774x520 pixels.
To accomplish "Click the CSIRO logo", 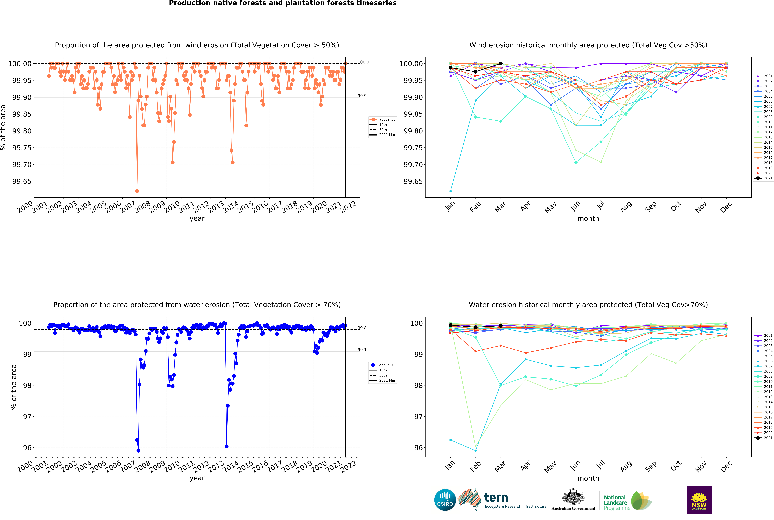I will (445, 500).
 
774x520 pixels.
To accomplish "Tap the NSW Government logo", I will (699, 500).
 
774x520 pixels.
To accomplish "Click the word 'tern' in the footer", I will (496, 497).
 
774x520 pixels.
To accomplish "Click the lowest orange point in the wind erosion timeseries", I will (137, 191).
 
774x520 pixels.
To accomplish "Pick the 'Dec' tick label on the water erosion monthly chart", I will (726, 467).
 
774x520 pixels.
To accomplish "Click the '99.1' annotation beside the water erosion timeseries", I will (362, 350).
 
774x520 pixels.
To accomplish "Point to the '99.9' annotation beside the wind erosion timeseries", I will (362, 96).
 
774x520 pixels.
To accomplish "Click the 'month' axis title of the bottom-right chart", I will (588, 478).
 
